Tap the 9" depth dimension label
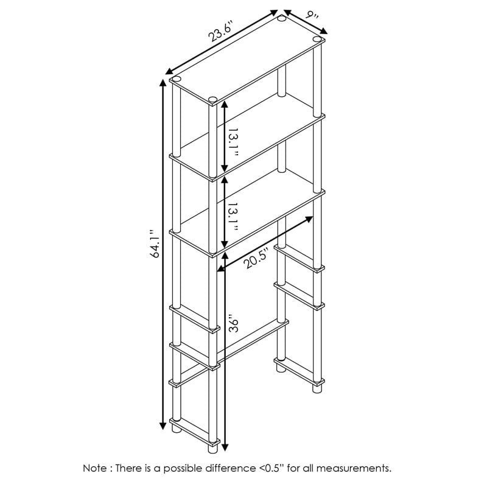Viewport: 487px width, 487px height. pyautogui.click(x=312, y=15)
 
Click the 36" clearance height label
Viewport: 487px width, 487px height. pyautogui.click(x=234, y=323)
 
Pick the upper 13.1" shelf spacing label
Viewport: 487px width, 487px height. pyautogui.click(x=233, y=142)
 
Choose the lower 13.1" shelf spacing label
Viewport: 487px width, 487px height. pyautogui.click(x=233, y=217)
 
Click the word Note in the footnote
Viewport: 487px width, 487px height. pyautogui.click(x=95, y=468)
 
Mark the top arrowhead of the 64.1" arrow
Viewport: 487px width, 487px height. pyautogui.click(x=163, y=83)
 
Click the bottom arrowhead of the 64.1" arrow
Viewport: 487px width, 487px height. pyautogui.click(x=163, y=426)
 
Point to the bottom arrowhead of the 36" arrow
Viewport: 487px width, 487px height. pyautogui.click(x=225, y=447)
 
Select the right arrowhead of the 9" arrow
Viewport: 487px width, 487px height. pyautogui.click(x=324, y=30)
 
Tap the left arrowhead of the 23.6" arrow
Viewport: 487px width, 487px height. pyautogui.click(x=169, y=71)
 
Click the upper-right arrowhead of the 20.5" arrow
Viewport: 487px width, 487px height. pyautogui.click(x=309, y=219)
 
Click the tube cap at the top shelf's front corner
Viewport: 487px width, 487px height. pyautogui.click(x=212, y=99)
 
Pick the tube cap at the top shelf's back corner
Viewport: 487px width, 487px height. pyautogui.click(x=282, y=19)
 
